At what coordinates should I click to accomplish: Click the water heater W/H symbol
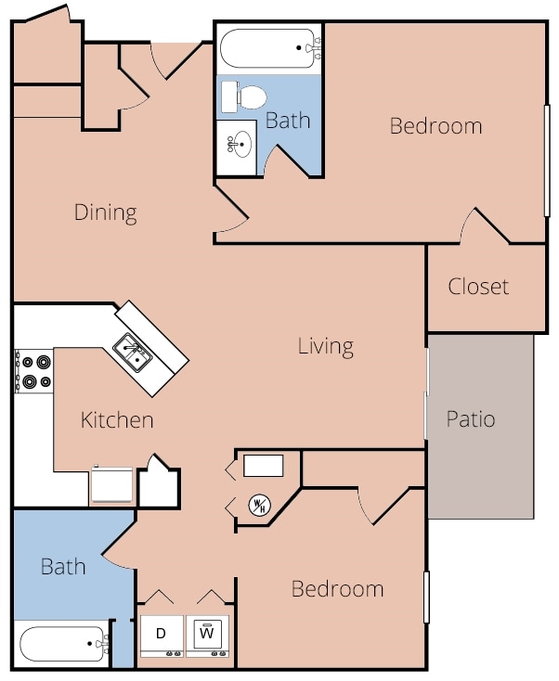259,505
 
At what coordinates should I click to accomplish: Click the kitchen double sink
132,353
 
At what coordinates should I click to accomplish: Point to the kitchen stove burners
34,371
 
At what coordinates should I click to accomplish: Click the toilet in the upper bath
244,97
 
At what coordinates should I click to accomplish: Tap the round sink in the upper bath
238,144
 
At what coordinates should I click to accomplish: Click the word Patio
471,419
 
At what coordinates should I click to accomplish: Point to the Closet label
478,287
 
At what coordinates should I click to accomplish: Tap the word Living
326,347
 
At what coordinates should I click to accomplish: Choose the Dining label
106,213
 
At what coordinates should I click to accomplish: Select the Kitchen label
117,420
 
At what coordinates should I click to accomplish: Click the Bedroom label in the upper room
436,126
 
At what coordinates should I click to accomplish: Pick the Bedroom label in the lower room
338,589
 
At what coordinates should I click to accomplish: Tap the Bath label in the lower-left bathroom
63,567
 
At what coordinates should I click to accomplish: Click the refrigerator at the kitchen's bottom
111,484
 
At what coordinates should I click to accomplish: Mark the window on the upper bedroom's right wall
547,161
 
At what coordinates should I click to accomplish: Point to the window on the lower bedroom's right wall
426,597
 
